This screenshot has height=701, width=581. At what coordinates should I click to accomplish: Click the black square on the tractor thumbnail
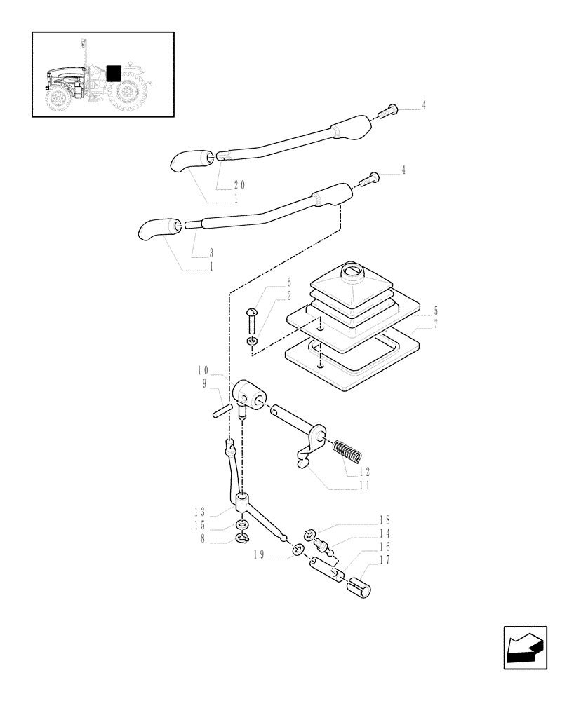click(112, 74)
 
